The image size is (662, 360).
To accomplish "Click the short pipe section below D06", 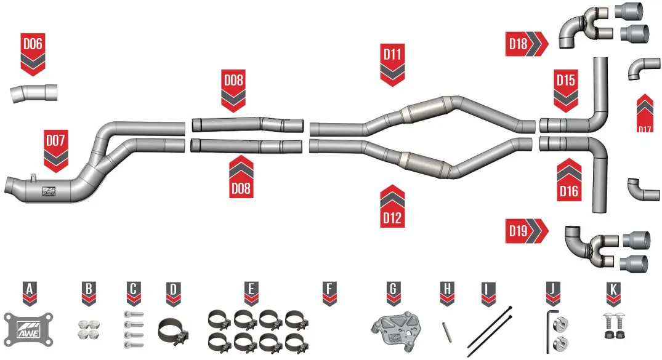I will pos(34,93).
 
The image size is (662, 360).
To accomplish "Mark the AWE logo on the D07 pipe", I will pos(49,191).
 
